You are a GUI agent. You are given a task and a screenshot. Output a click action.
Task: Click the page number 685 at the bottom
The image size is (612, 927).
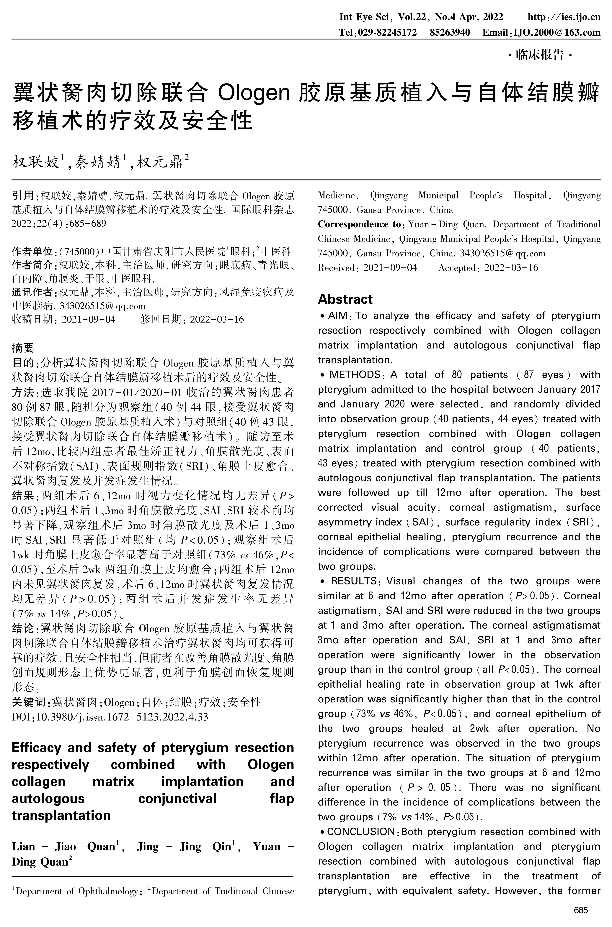(x=581, y=910)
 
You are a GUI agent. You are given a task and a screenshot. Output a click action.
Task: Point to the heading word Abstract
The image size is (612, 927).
(x=345, y=299)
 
